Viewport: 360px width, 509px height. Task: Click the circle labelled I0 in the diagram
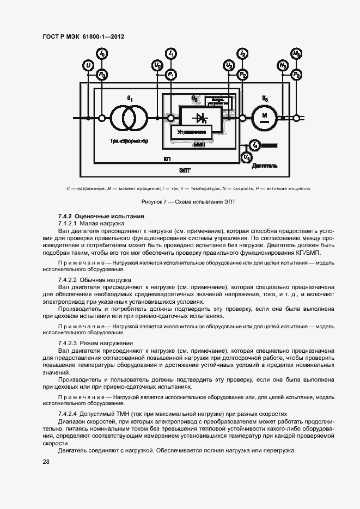pyautogui.click(x=102, y=53)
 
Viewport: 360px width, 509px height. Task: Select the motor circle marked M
pyautogui.click(x=265, y=117)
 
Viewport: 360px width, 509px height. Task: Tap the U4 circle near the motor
pyautogui.click(x=247, y=157)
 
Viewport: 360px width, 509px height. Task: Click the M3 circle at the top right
pyautogui.click(x=296, y=53)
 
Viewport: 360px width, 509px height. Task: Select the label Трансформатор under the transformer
pyautogui.click(x=129, y=141)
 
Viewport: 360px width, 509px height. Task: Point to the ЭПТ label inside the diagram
pyautogui.click(x=185, y=170)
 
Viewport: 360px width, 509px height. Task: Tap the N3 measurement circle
pyautogui.click(x=283, y=66)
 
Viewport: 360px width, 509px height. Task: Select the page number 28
pyautogui.click(x=46, y=462)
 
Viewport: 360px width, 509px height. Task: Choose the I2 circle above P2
pyautogui.click(x=242, y=53)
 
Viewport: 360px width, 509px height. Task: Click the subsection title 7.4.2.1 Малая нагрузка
pyautogui.click(x=91, y=224)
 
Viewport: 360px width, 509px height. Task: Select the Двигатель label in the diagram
pyautogui.click(x=265, y=165)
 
